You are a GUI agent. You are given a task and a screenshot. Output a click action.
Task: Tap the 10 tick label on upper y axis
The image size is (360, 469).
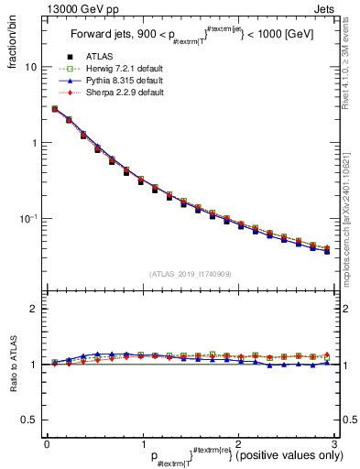point(31,68)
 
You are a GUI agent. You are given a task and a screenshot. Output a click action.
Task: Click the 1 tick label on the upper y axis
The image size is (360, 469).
point(34,143)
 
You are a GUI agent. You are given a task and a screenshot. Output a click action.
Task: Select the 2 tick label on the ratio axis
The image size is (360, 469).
point(34,310)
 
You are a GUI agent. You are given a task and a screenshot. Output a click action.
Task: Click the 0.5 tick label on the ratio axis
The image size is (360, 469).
point(29,420)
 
